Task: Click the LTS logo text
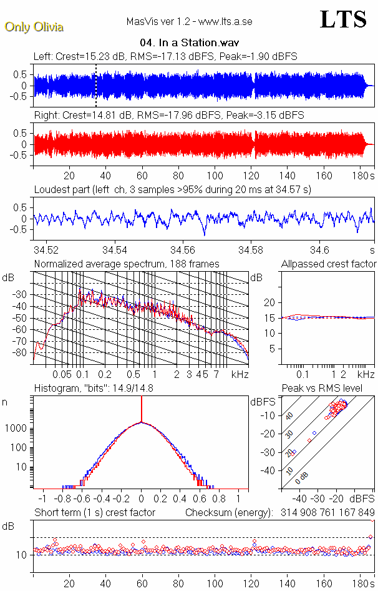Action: coord(343,19)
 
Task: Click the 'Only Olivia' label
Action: coord(34,27)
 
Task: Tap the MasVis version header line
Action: coord(189,22)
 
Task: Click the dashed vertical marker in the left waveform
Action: coord(95,85)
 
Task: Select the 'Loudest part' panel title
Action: coord(172,189)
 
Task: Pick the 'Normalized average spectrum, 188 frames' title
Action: coord(127,264)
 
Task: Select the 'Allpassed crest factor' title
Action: coord(329,264)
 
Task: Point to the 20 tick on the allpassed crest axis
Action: coord(270,302)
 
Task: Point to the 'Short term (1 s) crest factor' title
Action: coord(94,512)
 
